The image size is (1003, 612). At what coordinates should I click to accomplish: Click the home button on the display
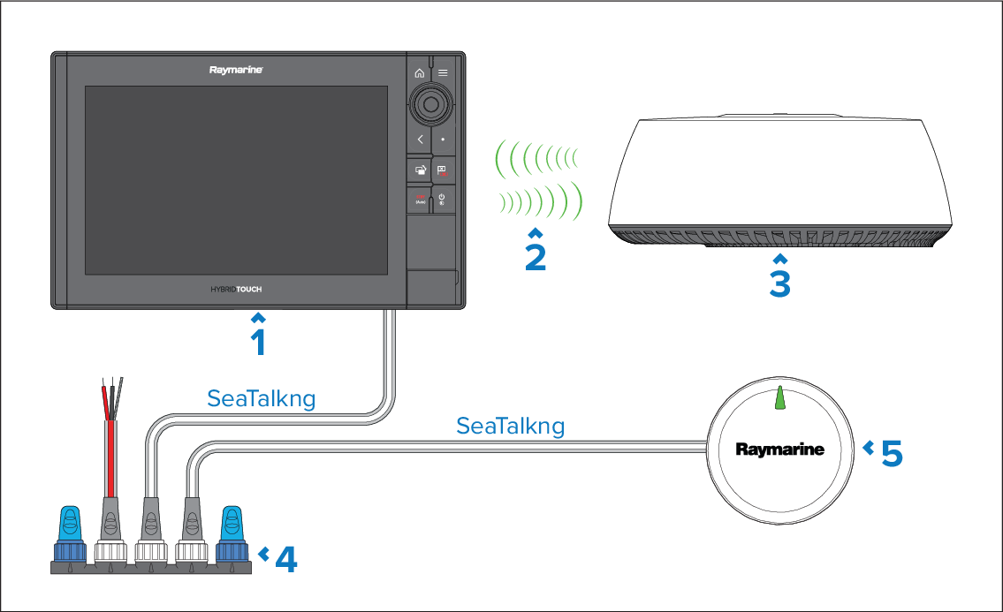click(x=420, y=73)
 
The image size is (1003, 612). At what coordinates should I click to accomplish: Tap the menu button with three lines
click(x=443, y=73)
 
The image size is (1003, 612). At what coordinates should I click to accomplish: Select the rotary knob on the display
click(x=431, y=105)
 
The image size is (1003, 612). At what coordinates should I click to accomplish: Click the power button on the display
click(x=442, y=199)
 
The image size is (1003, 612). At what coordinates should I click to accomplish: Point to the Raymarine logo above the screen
click(x=236, y=70)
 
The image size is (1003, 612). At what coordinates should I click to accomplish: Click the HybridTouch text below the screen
click(x=236, y=289)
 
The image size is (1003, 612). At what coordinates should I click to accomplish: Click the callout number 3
click(x=779, y=283)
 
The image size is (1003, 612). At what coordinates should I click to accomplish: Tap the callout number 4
click(x=285, y=559)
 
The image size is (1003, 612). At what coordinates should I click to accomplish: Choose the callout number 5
click(x=891, y=453)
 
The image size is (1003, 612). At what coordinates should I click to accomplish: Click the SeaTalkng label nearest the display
click(x=261, y=398)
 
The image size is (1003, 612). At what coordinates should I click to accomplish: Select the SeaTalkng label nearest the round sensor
click(x=510, y=427)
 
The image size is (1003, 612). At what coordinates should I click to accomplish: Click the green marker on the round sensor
click(x=779, y=398)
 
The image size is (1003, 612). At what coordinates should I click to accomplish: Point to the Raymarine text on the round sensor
click(x=779, y=450)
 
